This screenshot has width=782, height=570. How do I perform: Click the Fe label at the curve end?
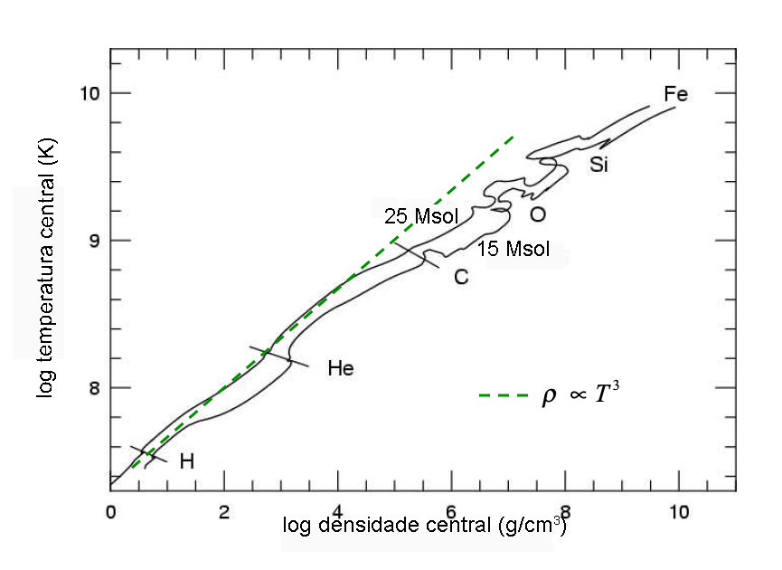click(x=675, y=94)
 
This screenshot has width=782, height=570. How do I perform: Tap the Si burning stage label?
click(x=598, y=165)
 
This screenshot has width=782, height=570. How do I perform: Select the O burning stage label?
click(x=537, y=215)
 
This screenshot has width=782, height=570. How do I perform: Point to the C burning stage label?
click(x=461, y=277)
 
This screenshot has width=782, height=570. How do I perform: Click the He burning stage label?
click(x=340, y=368)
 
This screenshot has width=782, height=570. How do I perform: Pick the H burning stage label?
click(x=187, y=461)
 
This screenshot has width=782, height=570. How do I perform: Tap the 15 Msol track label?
click(x=513, y=249)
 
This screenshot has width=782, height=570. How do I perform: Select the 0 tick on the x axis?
click(x=110, y=512)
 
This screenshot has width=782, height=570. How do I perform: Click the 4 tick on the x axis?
click(x=337, y=512)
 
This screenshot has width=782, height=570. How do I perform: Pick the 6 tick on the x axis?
click(x=451, y=512)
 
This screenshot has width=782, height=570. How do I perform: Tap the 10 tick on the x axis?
click(x=678, y=512)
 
